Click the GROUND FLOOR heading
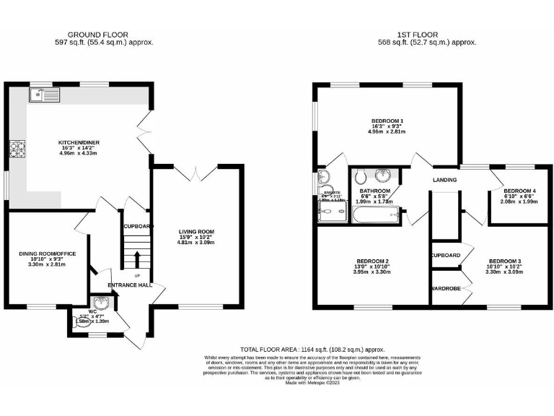tap(96, 34)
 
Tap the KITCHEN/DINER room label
tap(79, 143)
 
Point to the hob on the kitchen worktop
tap(17, 150)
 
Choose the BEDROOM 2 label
tap(372, 261)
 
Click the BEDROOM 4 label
tap(517, 190)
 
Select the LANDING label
tap(446, 180)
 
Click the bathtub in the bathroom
tap(375, 213)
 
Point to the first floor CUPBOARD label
tap(446, 256)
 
